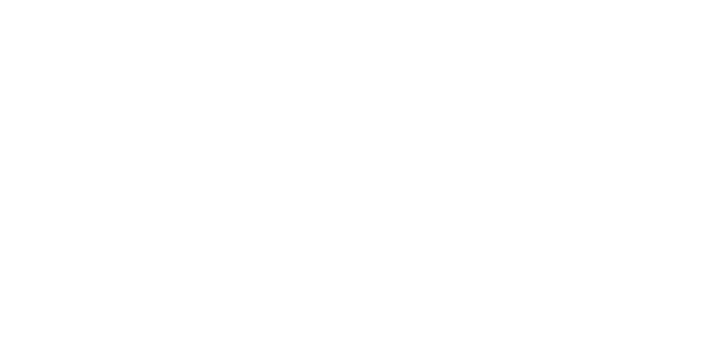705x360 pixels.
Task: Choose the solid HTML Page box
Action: point(194,245)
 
